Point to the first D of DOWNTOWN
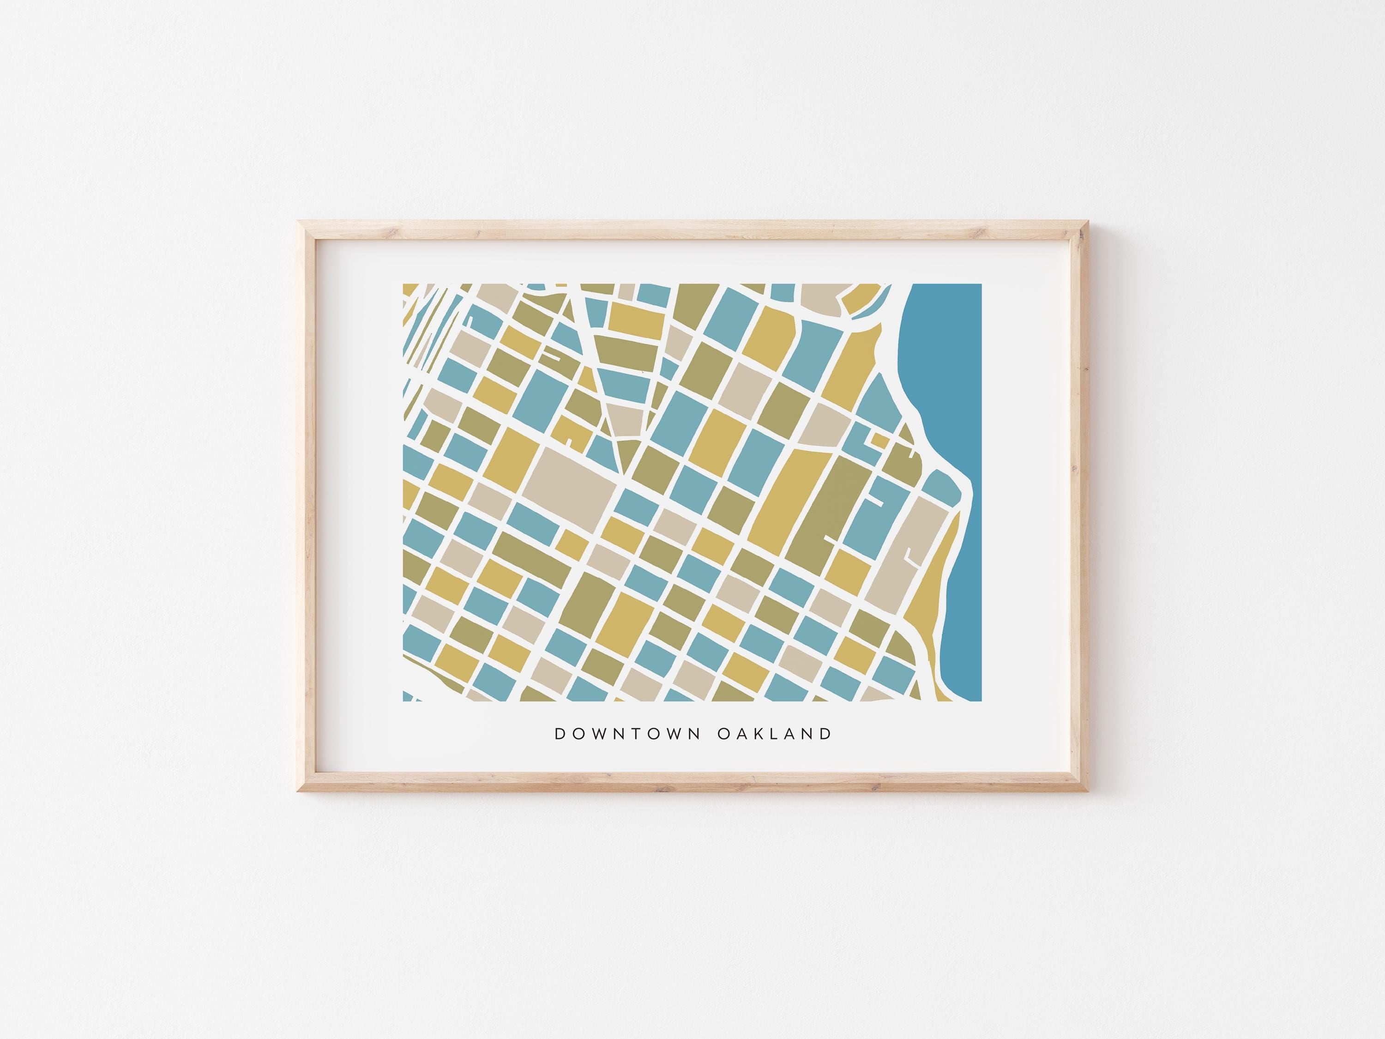560,734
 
